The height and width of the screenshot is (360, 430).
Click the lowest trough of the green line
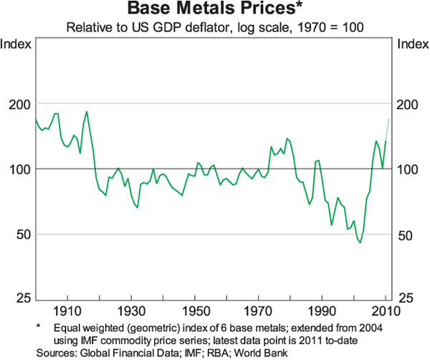(360, 242)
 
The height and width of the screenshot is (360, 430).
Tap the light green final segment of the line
(388, 129)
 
